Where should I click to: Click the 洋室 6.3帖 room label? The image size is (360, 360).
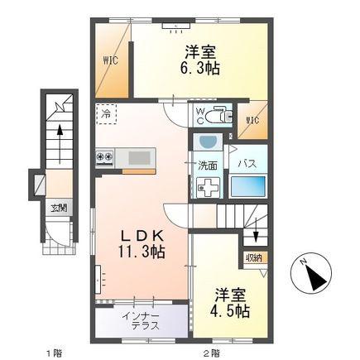[200, 60]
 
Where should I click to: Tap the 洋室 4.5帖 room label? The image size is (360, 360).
[230, 303]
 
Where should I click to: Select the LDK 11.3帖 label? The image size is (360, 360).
[142, 244]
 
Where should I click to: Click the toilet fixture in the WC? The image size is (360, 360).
[222, 115]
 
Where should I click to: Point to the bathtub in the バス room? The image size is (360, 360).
[248, 186]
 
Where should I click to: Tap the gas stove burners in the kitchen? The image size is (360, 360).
[105, 156]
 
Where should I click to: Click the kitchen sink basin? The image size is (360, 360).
[140, 158]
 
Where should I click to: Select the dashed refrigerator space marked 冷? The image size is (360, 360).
[106, 114]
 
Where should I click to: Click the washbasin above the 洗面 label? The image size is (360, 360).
[208, 142]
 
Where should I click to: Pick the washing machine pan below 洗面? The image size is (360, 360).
[209, 188]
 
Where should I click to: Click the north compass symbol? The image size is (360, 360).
[311, 273]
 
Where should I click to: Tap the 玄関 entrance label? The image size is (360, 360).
[59, 208]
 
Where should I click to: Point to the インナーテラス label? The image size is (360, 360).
[141, 321]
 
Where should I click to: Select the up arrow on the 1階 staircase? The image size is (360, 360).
[60, 143]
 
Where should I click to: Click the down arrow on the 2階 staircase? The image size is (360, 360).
[256, 230]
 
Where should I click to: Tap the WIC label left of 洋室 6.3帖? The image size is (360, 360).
[111, 60]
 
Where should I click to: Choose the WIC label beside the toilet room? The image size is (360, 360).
[252, 121]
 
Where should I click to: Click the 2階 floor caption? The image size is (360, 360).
[212, 353]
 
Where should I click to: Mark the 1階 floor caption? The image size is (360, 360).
[54, 353]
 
